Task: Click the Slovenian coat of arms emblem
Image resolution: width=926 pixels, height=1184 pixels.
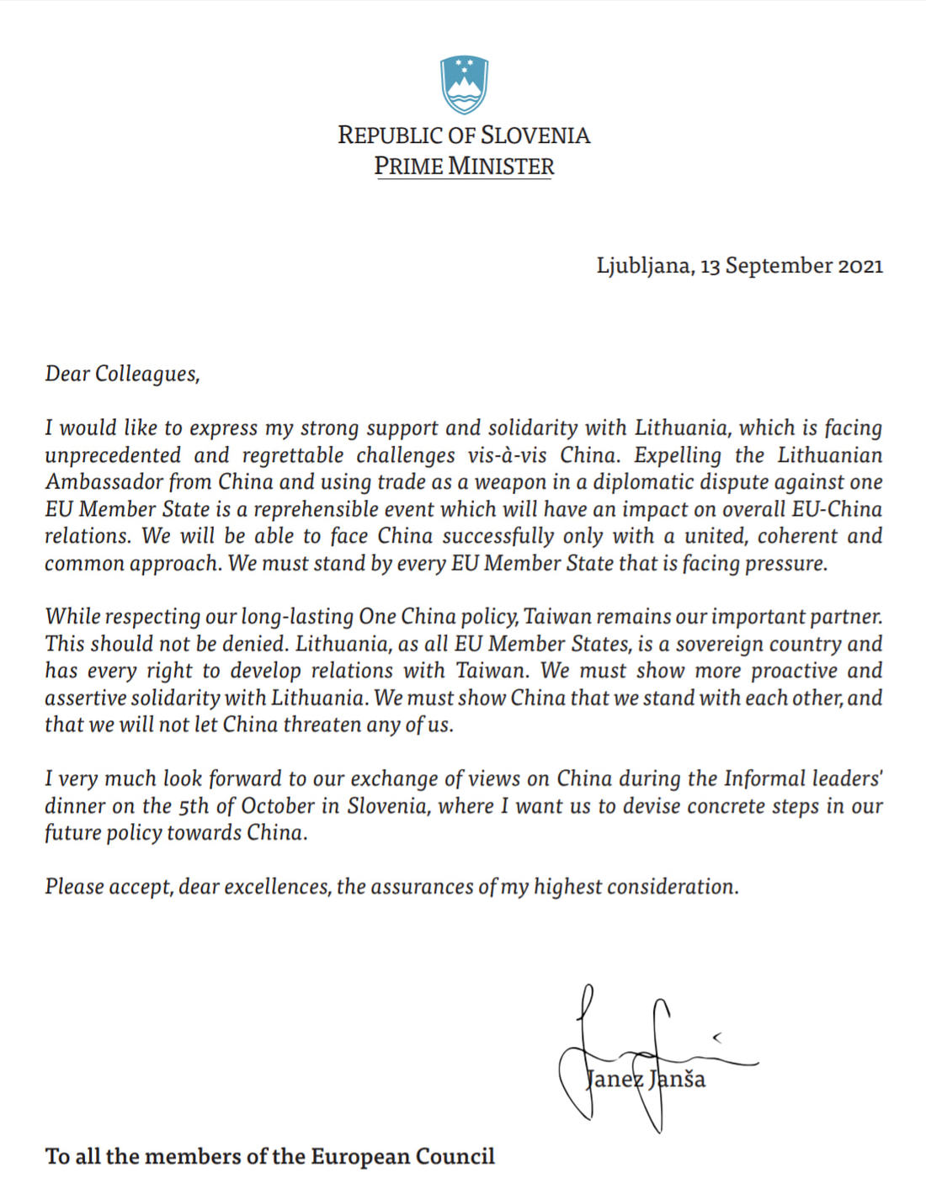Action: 464,85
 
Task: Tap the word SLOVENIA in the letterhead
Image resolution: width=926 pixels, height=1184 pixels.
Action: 535,135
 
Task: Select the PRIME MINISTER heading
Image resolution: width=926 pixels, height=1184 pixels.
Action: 464,166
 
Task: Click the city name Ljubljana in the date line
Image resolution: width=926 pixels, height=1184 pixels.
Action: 644,266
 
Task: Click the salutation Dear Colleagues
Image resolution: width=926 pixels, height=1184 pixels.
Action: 122,374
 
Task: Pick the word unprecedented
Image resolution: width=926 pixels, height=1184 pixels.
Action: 113,455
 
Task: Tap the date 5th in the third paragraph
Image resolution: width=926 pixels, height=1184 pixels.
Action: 194,806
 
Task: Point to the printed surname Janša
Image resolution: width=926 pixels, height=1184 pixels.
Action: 678,1079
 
